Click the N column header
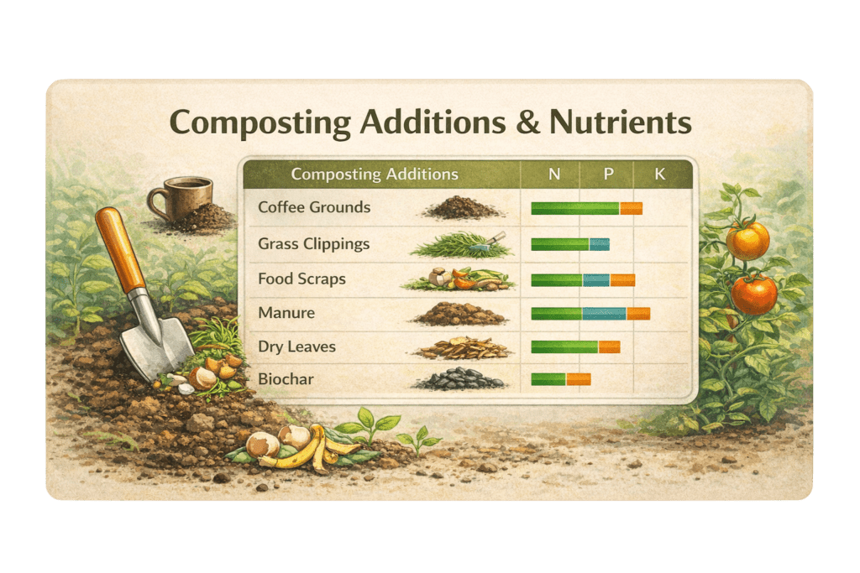(x=554, y=175)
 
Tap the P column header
(x=608, y=175)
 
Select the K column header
(x=660, y=175)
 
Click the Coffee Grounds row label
(x=314, y=207)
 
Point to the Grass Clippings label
(x=314, y=244)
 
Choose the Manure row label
(x=286, y=313)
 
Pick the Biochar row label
(x=286, y=379)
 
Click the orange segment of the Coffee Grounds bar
(x=632, y=208)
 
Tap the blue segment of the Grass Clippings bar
(x=600, y=244)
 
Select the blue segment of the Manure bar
(x=605, y=314)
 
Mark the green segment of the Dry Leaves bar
(x=565, y=346)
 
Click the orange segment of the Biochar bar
(x=579, y=379)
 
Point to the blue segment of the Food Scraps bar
(x=597, y=280)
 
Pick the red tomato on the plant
(x=754, y=294)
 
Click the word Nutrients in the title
(x=621, y=122)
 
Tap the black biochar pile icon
(x=459, y=379)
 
